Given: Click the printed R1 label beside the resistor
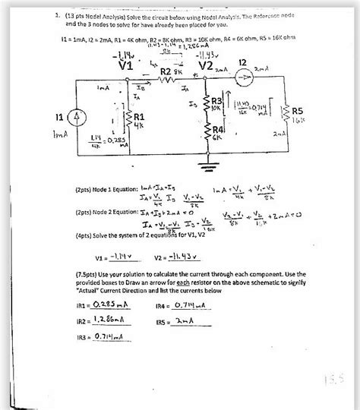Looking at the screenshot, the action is (144, 114).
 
